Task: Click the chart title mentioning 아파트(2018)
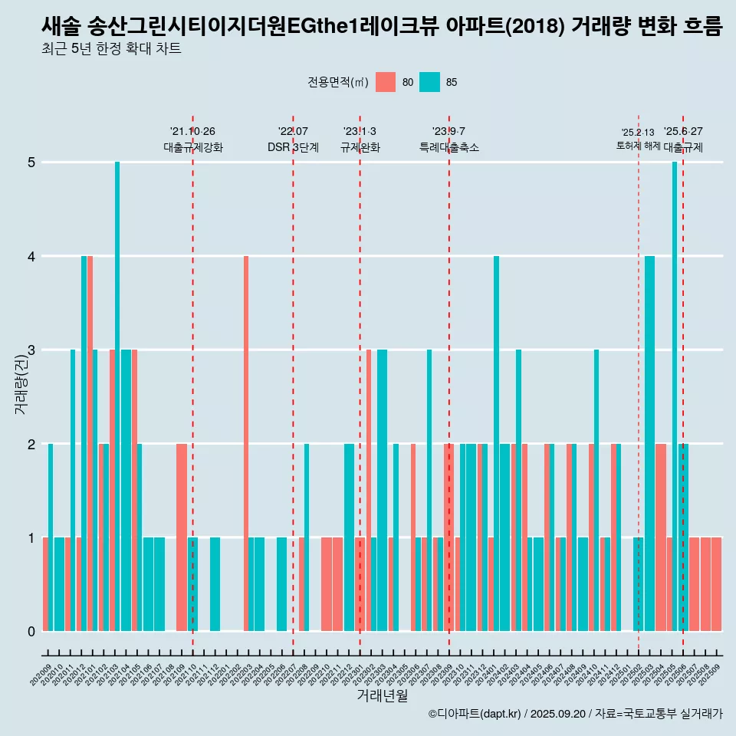(x=382, y=27)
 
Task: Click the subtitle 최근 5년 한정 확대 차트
(x=111, y=50)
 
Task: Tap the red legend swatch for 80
(x=386, y=82)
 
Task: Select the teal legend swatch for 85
(x=430, y=82)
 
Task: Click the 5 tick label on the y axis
(x=31, y=163)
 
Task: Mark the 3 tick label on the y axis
(x=31, y=350)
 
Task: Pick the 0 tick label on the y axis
(x=31, y=632)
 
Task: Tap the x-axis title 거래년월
(x=382, y=695)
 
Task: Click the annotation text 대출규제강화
(x=193, y=147)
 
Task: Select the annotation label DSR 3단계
(x=293, y=147)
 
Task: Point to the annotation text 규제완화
(x=360, y=147)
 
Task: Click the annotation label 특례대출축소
(x=449, y=147)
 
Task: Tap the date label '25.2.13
(x=638, y=133)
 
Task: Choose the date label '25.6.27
(x=683, y=132)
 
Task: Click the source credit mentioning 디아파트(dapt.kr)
(x=575, y=714)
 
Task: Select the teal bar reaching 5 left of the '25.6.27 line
(x=675, y=396)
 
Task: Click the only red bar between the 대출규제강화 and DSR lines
(x=246, y=444)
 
